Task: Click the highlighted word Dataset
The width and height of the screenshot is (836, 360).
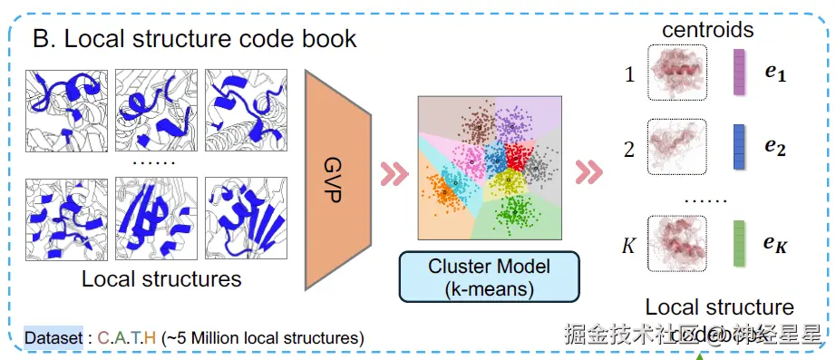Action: click(x=53, y=337)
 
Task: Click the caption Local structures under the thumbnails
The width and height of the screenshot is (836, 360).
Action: click(x=161, y=278)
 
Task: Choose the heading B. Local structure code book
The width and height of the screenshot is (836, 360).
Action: click(x=195, y=38)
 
